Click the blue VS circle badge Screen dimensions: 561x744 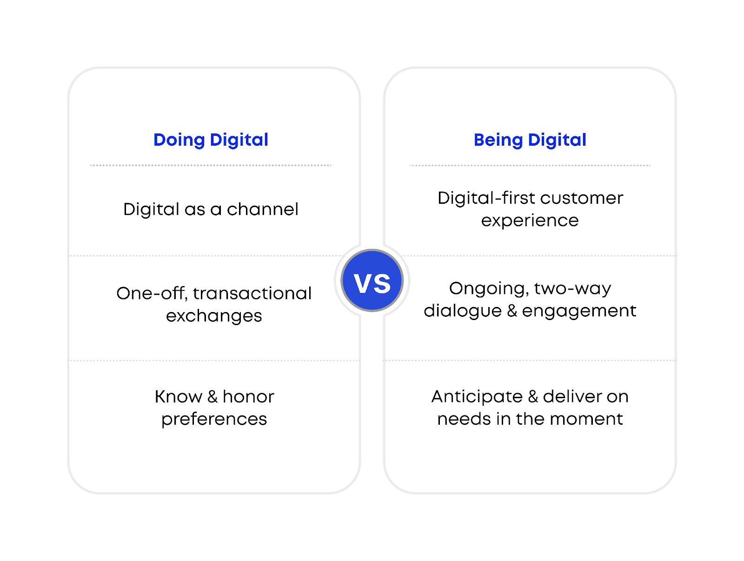[x=372, y=280]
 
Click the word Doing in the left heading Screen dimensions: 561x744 [x=179, y=140]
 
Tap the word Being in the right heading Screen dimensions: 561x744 [x=498, y=140]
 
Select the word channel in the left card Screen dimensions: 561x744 [x=262, y=209]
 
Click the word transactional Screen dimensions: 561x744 [x=252, y=294]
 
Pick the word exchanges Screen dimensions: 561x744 [x=214, y=316]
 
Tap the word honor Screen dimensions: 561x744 [x=248, y=397]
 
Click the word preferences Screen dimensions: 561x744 [x=214, y=420]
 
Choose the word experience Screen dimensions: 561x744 [x=530, y=220]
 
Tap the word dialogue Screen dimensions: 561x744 [x=463, y=311]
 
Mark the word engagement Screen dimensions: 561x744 [x=579, y=311]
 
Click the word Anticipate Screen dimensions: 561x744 [x=477, y=397]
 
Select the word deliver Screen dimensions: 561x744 [x=572, y=397]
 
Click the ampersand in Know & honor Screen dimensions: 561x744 [x=213, y=397]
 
